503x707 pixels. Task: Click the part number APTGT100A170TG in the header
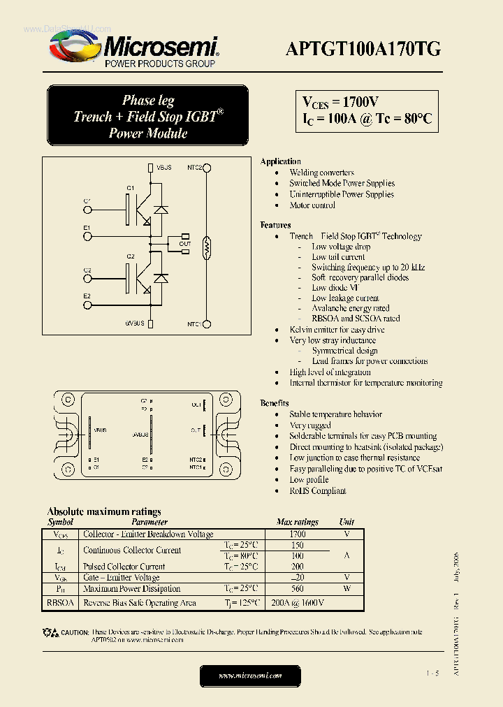(x=363, y=49)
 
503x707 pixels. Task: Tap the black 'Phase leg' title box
(x=148, y=116)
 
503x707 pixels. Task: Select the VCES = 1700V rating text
(x=341, y=102)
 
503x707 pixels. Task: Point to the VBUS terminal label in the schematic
(x=164, y=168)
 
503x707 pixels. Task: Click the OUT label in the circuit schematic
(x=184, y=244)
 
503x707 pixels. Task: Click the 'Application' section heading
(x=280, y=161)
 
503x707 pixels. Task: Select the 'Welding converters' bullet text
(x=321, y=173)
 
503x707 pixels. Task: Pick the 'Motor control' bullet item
(x=312, y=205)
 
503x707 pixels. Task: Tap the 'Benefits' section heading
(x=275, y=403)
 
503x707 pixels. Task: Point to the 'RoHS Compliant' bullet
(x=318, y=490)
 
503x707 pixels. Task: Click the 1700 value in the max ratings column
(x=297, y=534)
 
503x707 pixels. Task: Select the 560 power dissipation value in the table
(x=297, y=588)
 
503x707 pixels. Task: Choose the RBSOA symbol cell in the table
(x=60, y=602)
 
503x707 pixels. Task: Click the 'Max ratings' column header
(x=297, y=522)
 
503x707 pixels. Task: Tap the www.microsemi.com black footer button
(x=250, y=676)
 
